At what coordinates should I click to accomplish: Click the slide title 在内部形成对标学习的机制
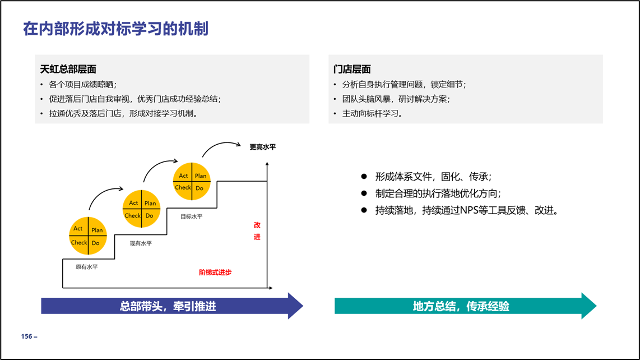[115, 29]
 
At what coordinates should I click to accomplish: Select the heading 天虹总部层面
[68, 69]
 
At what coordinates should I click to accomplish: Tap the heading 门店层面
[352, 69]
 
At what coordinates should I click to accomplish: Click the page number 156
[26, 336]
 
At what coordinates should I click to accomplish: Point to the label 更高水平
[263, 147]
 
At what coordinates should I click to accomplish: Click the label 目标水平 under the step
[192, 216]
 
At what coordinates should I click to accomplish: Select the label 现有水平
[141, 243]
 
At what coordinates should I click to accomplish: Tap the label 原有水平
[86, 267]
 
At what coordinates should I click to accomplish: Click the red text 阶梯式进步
[215, 272]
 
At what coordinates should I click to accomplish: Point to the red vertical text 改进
[257, 231]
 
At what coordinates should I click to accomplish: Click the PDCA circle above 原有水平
[88, 236]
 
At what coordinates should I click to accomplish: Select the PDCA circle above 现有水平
[142, 209]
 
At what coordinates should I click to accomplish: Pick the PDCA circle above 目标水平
[192, 182]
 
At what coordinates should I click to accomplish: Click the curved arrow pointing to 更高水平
[220, 144]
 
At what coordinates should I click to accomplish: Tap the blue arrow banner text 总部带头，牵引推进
[168, 306]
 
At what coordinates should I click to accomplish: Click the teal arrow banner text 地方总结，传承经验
[461, 306]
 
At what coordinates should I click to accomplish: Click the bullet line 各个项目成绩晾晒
[83, 85]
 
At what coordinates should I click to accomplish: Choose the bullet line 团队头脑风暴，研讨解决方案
[396, 99]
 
